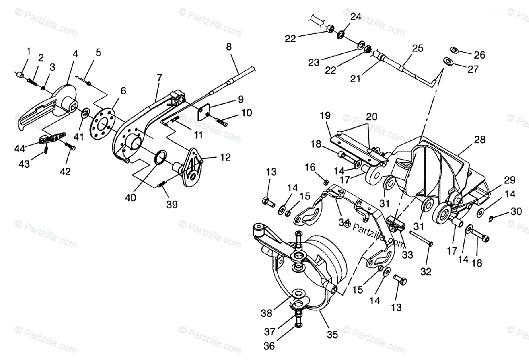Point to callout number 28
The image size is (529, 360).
(480, 140)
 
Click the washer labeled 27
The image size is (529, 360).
(449, 61)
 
